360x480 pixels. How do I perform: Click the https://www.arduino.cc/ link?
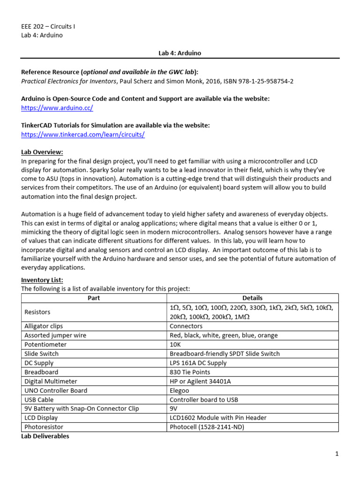[57, 108]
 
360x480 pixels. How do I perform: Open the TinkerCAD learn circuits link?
[83, 135]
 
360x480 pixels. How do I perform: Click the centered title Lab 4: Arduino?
[180, 53]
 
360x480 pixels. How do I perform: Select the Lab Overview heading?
[42, 152]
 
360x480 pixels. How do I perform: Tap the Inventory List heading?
[41, 280]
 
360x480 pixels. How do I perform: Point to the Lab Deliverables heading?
[45, 436]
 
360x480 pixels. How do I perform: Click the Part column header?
[94, 298]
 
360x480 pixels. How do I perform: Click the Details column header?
[252, 298]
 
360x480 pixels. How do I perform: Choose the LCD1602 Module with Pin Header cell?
[217, 418]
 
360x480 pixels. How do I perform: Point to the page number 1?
[337, 454]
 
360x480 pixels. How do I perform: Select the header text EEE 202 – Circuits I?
[48, 26]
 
